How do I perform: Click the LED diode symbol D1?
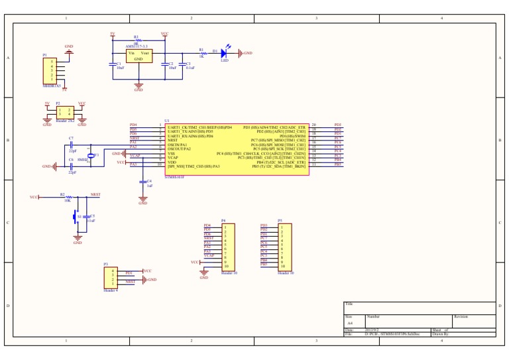224,53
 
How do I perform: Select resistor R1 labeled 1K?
201,53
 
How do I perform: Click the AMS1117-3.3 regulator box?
139,56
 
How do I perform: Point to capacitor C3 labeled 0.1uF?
182,64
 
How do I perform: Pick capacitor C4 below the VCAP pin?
143,180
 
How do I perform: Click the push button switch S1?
78,217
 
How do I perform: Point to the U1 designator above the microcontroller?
166,121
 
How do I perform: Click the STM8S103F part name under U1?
174,178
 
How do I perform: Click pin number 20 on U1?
313,125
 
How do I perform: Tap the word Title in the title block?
349,304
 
